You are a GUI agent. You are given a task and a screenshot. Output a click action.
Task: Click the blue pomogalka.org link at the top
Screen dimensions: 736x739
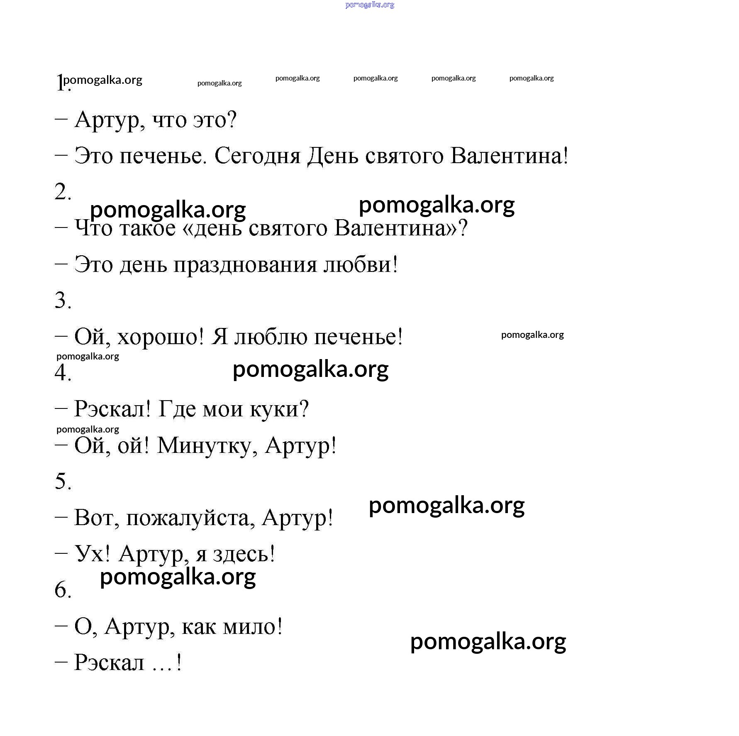pos(369,5)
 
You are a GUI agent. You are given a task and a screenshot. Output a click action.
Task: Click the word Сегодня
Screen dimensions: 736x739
pos(257,156)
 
